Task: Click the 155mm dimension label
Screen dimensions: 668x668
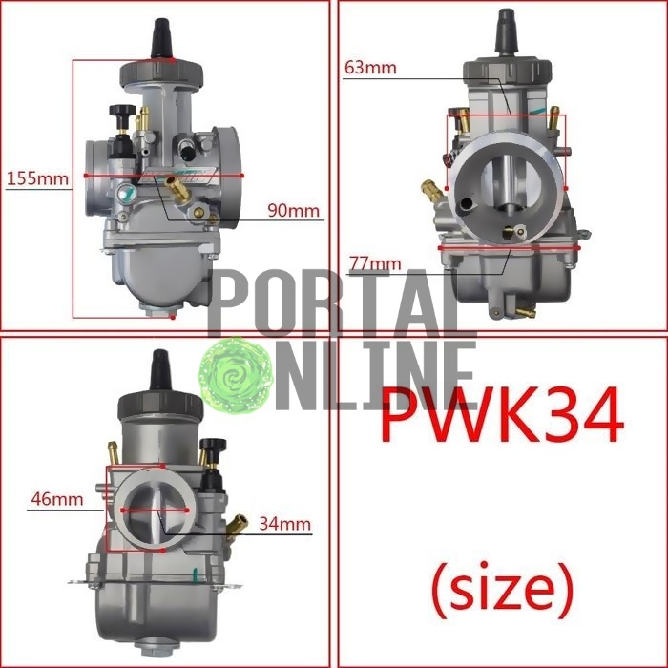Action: (37, 178)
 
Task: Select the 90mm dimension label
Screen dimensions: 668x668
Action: (294, 211)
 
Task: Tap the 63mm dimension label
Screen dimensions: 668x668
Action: (370, 68)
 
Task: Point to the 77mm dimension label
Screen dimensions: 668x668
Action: (375, 263)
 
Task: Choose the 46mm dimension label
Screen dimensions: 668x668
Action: (57, 499)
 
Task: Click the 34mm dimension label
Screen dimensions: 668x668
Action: (285, 524)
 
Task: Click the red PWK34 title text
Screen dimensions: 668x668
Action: (503, 416)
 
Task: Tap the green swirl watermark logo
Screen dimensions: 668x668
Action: (235, 375)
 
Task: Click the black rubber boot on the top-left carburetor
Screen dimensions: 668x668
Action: (162, 38)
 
